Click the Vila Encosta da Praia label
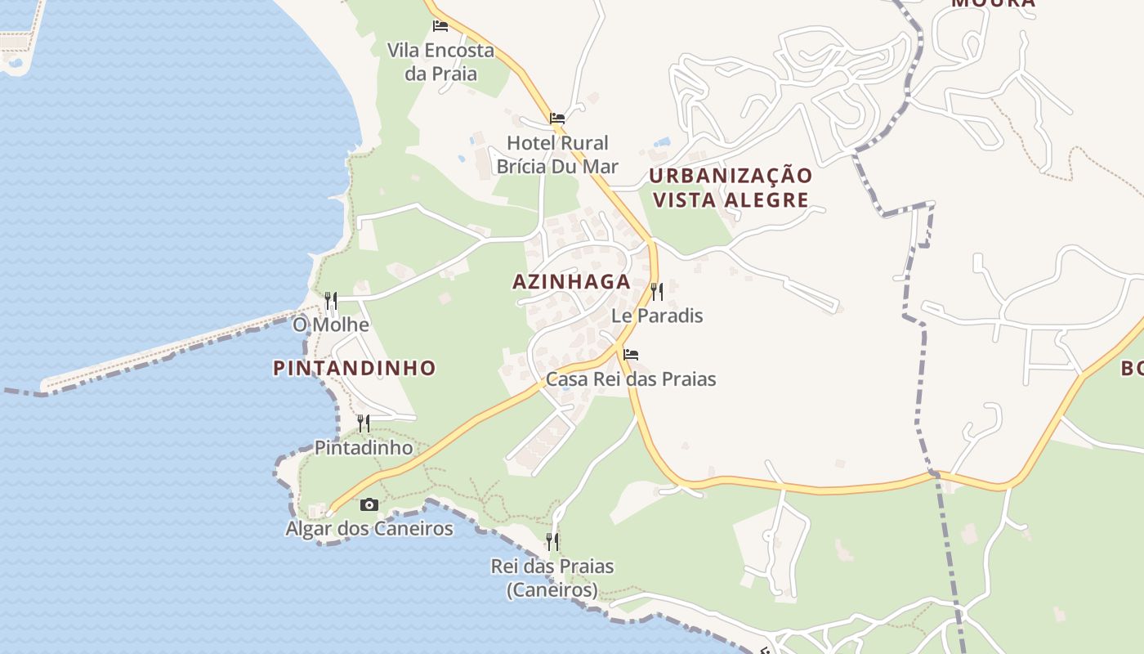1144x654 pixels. click(440, 62)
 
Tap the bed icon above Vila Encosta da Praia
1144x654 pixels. click(440, 25)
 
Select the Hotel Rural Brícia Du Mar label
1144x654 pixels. click(557, 155)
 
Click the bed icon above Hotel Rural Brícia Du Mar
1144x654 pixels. click(557, 118)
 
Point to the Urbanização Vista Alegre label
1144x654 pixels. click(731, 188)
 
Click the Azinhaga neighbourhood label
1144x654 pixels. click(571, 282)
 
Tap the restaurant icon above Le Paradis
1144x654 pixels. click(656, 291)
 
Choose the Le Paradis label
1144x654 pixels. click(657, 316)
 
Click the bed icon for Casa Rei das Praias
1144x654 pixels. click(631, 355)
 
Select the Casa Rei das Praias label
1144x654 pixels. click(631, 379)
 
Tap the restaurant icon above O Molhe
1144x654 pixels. click(331, 301)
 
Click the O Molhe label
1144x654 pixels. click(331, 325)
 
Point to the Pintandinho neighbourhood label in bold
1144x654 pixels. click(355, 369)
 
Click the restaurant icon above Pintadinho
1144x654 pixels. click(364, 423)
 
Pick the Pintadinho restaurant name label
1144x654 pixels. click(364, 448)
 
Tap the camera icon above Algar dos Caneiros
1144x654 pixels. click(369, 504)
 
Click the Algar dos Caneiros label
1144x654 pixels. click(369, 529)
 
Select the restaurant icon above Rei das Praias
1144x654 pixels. click(552, 541)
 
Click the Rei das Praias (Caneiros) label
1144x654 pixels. click(552, 577)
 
